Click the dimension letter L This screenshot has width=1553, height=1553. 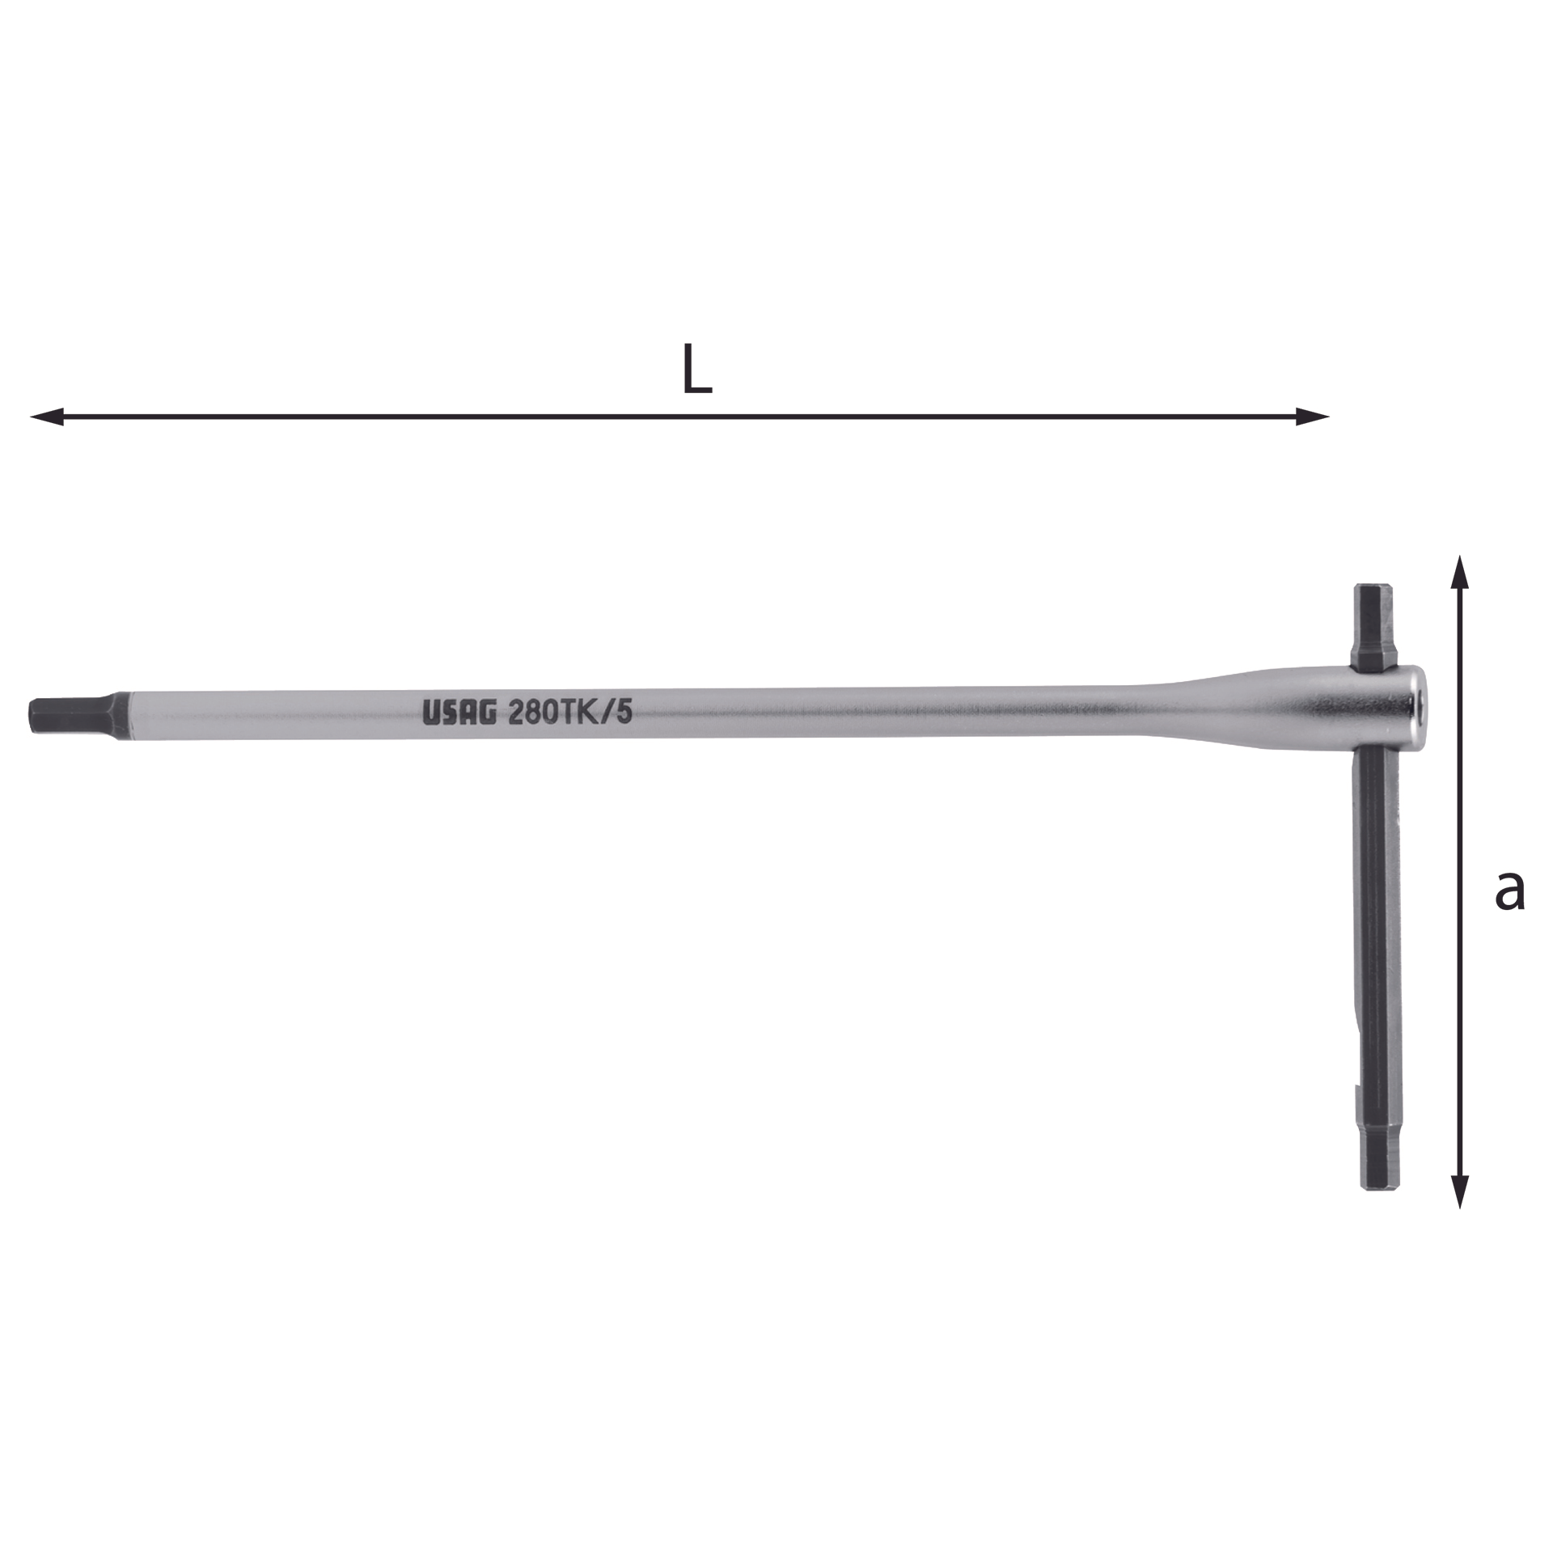click(x=697, y=370)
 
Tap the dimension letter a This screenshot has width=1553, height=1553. click(x=1509, y=891)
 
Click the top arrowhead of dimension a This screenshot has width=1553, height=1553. click(x=1459, y=572)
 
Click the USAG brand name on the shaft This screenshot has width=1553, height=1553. click(x=459, y=712)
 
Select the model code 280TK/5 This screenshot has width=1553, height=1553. click(x=570, y=712)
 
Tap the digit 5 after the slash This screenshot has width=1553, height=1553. click(x=624, y=712)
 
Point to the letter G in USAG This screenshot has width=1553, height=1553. click(x=485, y=712)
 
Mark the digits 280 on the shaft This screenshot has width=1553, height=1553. click(x=535, y=712)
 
